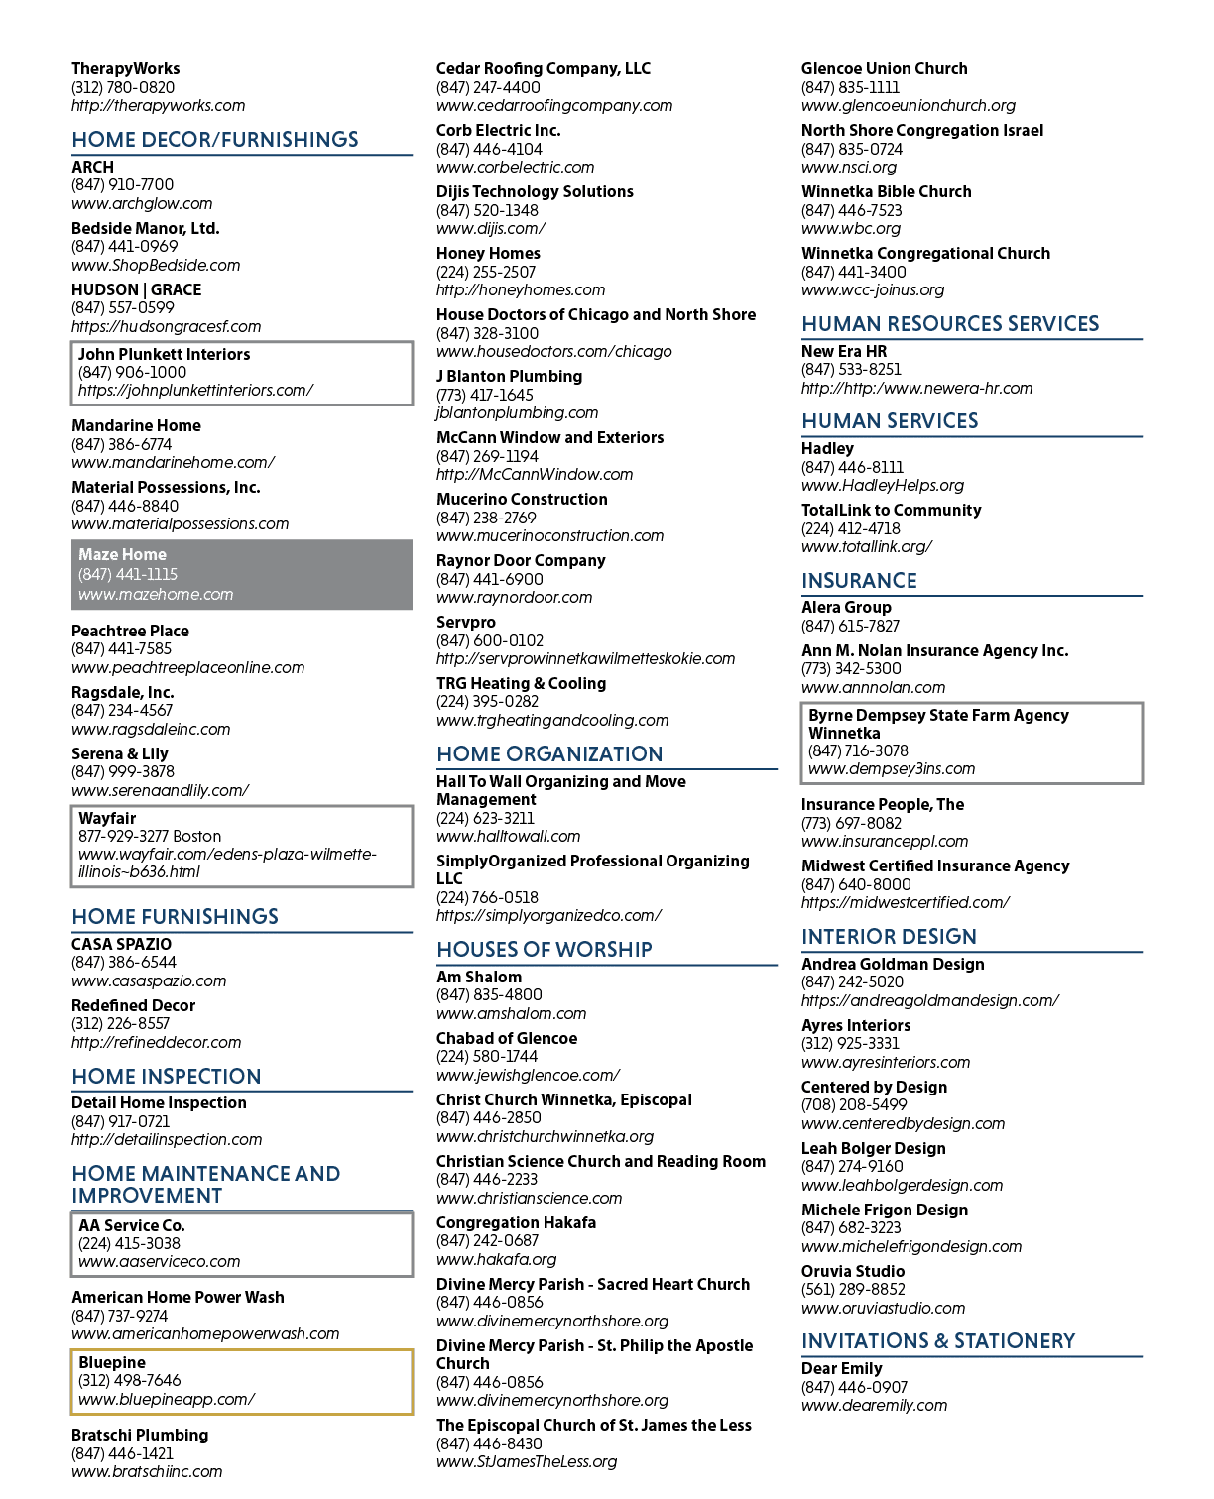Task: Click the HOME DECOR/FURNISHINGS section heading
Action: click(x=215, y=140)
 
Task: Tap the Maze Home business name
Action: click(x=123, y=554)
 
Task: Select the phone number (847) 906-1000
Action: click(x=132, y=373)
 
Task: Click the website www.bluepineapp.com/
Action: click(x=167, y=1399)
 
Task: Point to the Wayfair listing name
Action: click(x=107, y=818)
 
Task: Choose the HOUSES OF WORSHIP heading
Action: click(x=545, y=950)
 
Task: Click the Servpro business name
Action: click(x=465, y=623)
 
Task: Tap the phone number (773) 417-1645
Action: click(x=484, y=395)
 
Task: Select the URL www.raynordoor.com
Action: click(x=514, y=598)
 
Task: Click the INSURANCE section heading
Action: click(x=859, y=581)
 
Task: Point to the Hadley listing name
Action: click(x=827, y=448)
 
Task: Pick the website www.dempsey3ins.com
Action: click(x=892, y=769)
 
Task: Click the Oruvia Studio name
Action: click(x=853, y=1271)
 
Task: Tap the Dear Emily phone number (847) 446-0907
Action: click(x=854, y=1386)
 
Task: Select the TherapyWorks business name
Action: click(x=125, y=69)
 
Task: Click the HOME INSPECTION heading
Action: click(x=167, y=1076)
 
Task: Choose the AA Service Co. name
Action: click(x=132, y=1225)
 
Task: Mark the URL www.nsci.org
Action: click(x=849, y=168)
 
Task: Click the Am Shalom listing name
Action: click(x=479, y=977)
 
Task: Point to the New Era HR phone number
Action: click(x=851, y=370)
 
